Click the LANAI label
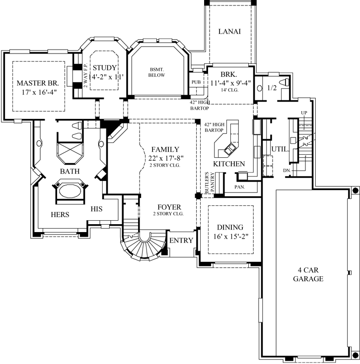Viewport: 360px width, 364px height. coord(229,32)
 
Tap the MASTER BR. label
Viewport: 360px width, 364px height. coord(38,83)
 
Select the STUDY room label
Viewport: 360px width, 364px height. coord(104,68)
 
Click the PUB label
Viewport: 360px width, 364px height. coord(196,82)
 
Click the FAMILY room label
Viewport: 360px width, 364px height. coord(165,149)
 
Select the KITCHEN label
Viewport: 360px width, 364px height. coord(229,164)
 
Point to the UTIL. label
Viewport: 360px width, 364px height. coord(279,148)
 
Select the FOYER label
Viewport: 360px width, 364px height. coord(169,207)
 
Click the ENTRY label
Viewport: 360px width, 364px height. coord(181,241)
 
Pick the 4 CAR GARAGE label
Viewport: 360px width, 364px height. coord(311,274)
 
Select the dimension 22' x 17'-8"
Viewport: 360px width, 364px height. coord(165,158)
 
